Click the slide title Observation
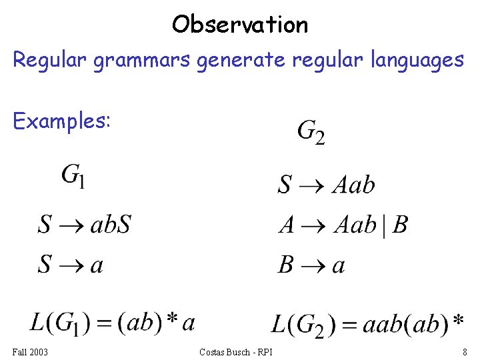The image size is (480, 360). (240, 25)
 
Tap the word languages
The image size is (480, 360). (410, 60)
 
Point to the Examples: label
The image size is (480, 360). (61, 121)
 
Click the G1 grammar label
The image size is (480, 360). (73, 176)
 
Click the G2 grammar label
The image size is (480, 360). (311, 131)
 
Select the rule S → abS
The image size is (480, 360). (84, 225)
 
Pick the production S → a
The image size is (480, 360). (71, 265)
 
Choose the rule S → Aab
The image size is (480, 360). (326, 184)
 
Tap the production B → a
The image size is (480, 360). (311, 265)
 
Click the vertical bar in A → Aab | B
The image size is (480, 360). (385, 225)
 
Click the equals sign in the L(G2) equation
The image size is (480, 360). (351, 325)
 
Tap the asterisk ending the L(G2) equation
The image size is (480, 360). (458, 321)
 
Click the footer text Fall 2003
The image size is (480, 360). (30, 351)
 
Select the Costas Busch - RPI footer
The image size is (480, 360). (240, 351)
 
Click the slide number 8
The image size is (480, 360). (464, 351)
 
